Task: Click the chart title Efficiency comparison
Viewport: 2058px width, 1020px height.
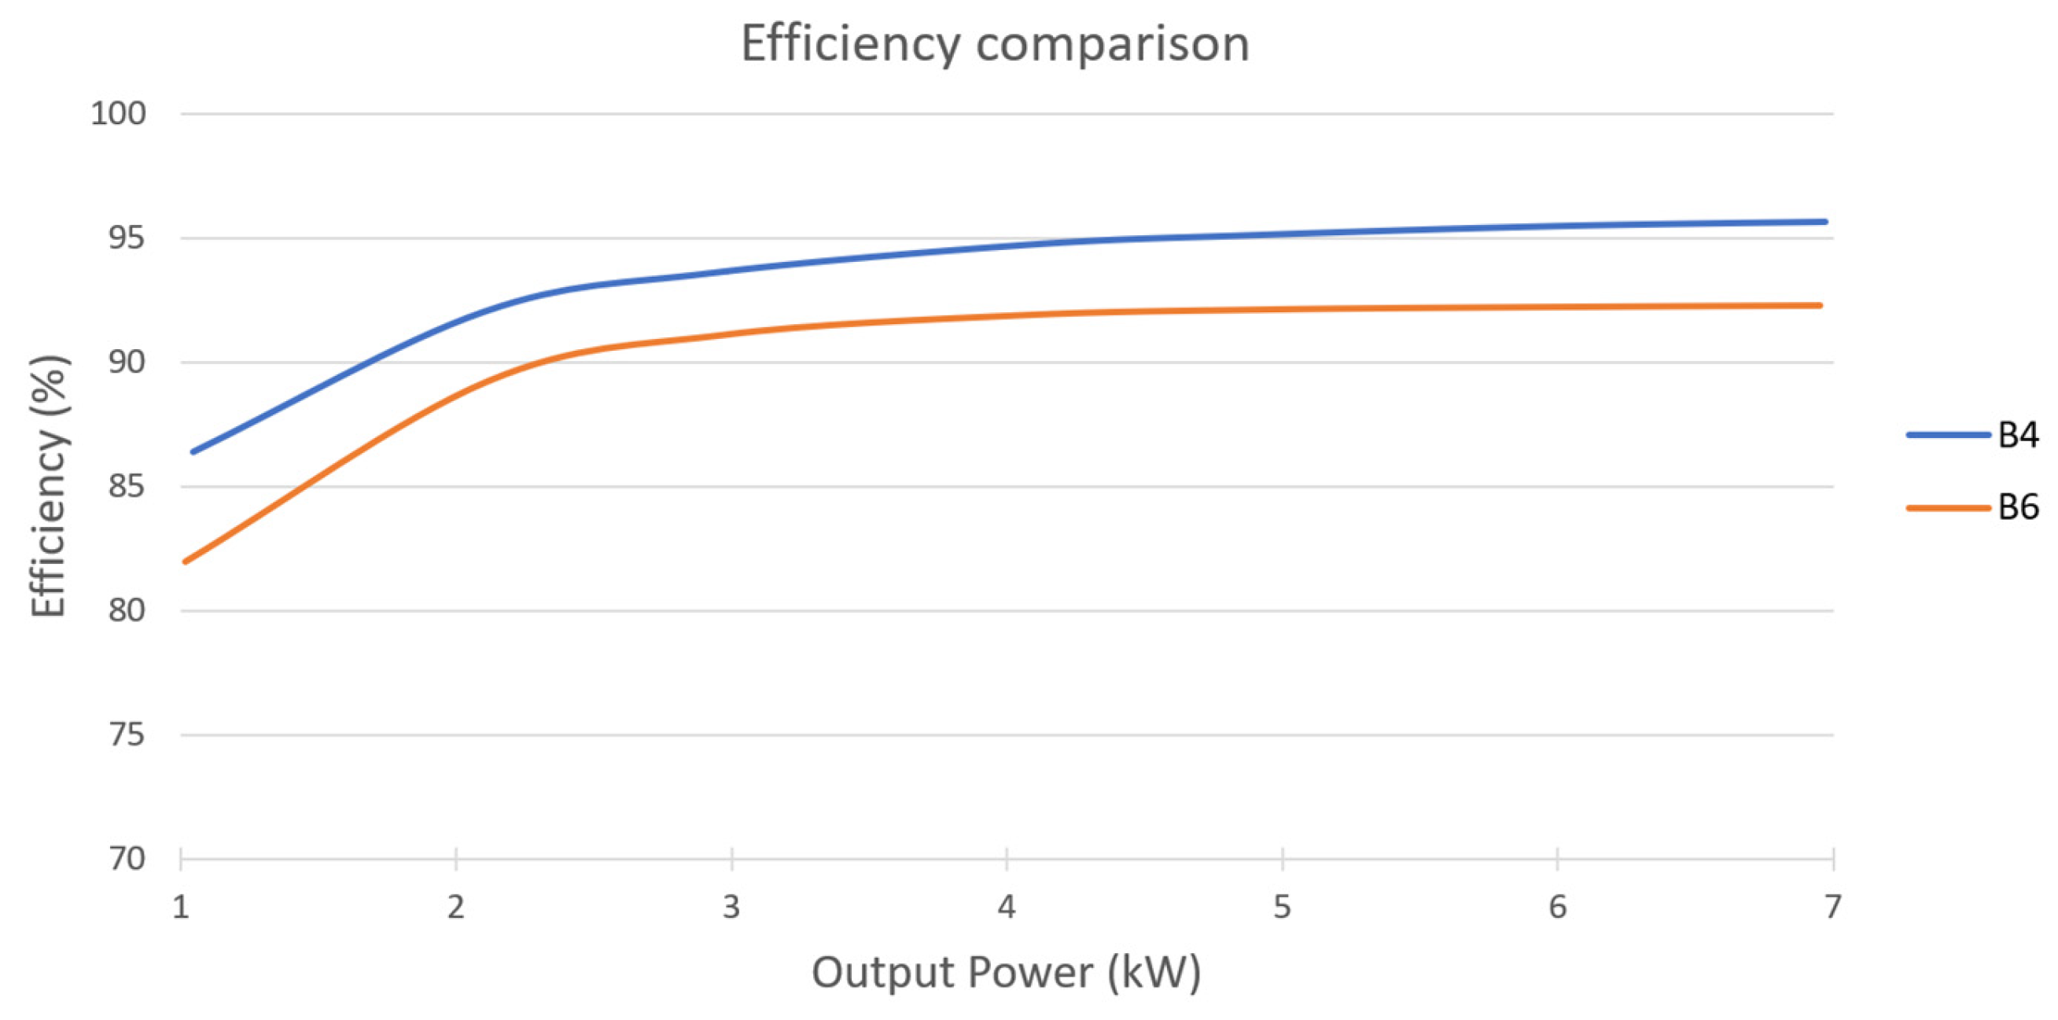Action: (995, 44)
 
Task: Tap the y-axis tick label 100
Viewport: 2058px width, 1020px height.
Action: (118, 113)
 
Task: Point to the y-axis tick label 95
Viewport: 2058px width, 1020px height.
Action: (127, 238)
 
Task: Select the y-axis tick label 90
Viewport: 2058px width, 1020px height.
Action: (127, 362)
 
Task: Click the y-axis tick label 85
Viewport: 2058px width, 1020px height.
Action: (127, 487)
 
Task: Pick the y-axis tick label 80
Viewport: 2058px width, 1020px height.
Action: (127, 611)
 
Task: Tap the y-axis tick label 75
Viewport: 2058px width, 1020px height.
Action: (127, 735)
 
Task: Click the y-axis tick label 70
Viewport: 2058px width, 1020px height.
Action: (127, 860)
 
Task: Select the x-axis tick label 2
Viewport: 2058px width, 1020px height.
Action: (455, 908)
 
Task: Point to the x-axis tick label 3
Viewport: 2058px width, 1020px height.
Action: (731, 908)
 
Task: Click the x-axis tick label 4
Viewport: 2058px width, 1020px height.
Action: (1007, 908)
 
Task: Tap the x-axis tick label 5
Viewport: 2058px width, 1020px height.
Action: (1282, 908)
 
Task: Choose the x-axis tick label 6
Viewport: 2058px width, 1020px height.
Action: (1557, 908)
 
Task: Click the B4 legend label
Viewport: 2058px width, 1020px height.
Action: (2018, 436)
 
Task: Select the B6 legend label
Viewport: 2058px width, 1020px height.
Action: (2018, 508)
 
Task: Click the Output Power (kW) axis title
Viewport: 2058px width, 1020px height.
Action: (1006, 973)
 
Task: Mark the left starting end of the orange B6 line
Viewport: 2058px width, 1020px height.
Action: (186, 562)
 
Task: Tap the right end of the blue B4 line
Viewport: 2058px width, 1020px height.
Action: (1824, 222)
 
